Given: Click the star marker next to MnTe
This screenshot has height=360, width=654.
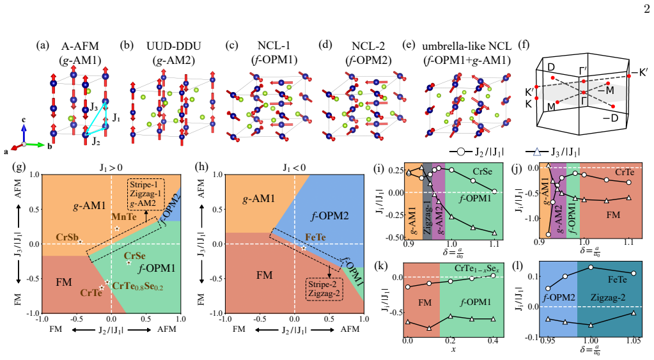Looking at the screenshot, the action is [117, 229].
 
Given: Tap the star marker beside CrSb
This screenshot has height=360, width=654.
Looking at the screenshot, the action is [80, 242].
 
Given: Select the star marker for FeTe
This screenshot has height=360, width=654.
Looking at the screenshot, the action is [304, 248].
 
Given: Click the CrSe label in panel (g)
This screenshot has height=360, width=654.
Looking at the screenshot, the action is [135, 256].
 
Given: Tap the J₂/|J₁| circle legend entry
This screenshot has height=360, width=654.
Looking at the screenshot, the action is [477, 152].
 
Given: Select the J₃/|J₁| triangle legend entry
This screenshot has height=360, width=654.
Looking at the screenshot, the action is [553, 152].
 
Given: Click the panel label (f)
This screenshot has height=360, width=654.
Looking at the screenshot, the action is [524, 45].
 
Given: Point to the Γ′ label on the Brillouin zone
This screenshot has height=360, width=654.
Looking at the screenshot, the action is [584, 72].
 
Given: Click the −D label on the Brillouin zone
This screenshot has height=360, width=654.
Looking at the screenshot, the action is [611, 118].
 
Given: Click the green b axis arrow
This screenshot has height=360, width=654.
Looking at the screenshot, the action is [35, 145].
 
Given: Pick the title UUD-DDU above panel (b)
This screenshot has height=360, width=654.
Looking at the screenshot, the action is [173, 46].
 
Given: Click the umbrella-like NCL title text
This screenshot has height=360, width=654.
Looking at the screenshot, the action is [467, 46].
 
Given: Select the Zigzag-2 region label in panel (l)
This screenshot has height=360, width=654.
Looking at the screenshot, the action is [608, 297].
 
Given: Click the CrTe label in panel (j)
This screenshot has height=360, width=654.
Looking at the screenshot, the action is [625, 172].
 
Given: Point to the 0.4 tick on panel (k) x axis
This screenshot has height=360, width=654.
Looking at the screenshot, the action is [493, 341].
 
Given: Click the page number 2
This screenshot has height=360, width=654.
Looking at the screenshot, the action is [646, 9].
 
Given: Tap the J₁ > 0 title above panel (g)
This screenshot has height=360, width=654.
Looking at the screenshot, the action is [111, 168].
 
